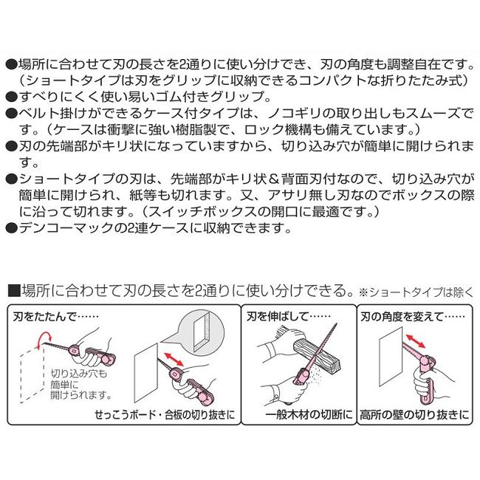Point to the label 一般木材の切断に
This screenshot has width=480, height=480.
click(x=300, y=415)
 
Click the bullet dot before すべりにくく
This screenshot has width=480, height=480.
click(x=9, y=96)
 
